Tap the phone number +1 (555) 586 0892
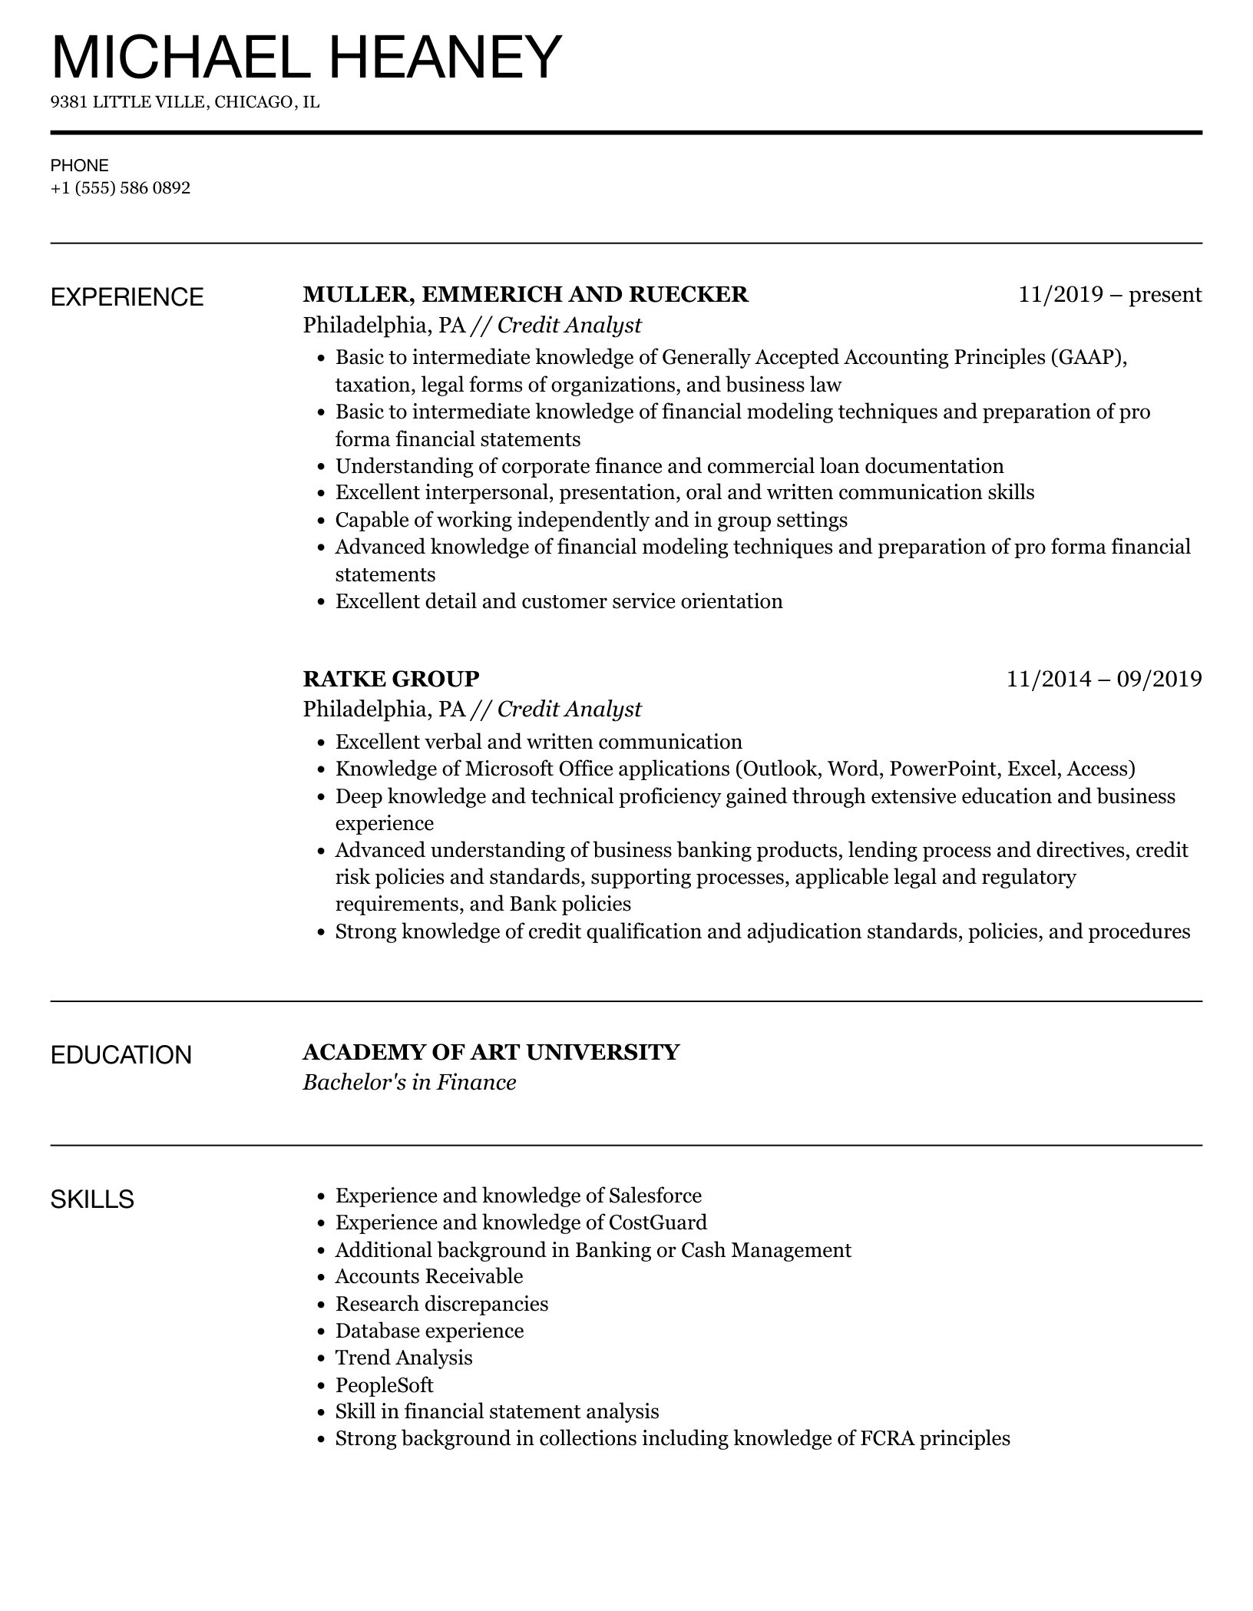coord(121,187)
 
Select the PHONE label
coord(80,165)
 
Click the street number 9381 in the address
coord(69,102)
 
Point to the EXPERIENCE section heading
coord(127,297)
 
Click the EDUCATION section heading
coord(121,1055)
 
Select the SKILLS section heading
coord(92,1199)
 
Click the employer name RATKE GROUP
coord(391,679)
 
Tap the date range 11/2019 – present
coord(1109,295)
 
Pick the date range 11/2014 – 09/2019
coord(1104,679)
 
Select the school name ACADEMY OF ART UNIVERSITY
coord(491,1052)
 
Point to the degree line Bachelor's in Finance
coord(409,1083)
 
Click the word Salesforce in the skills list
coord(655,1196)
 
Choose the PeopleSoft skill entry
coord(385,1385)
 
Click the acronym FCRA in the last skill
coord(887,1439)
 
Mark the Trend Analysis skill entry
coord(404,1358)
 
